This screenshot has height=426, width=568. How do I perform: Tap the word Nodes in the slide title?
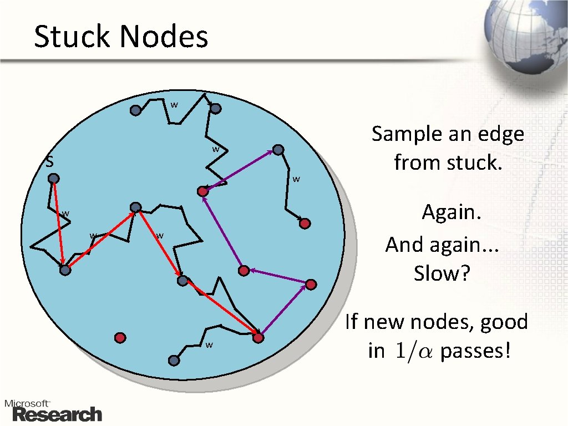tap(163, 37)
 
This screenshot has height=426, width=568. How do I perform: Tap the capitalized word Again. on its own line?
tap(450, 212)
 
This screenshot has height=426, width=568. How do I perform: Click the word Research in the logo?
tap(57, 414)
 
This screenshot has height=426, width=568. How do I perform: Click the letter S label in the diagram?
tap(49, 163)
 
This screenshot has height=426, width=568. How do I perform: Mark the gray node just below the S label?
tap(53, 179)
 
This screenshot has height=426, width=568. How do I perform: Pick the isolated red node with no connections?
tap(120, 337)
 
